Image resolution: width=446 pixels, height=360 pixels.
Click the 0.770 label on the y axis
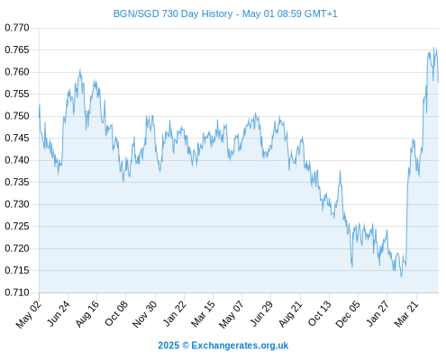coord(17,28)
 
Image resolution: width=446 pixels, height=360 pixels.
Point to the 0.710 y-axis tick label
coord(17,292)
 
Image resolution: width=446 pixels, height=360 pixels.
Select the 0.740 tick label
coord(17,160)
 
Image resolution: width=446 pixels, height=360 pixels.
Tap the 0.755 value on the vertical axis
coord(17,94)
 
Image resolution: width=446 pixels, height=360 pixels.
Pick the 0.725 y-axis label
coord(17,226)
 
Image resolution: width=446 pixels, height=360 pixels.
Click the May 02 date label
coord(29,314)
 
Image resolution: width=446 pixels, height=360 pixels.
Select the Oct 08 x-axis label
coord(116,313)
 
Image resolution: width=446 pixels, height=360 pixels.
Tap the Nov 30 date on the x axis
coord(144,313)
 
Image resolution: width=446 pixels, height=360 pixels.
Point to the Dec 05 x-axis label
coord(348,313)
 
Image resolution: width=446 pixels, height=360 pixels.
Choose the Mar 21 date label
coord(406,313)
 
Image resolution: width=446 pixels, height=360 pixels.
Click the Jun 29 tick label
coord(261,313)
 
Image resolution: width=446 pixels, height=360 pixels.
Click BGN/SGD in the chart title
coord(136,13)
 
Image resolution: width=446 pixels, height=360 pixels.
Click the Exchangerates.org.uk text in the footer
coord(240,346)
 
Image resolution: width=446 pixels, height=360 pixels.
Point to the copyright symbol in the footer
coord(186,346)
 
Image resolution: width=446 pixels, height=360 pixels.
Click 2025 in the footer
coord(168,346)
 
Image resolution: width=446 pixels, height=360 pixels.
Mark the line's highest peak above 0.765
coord(433,48)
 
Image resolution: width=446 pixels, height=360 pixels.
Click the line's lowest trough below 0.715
coord(401,276)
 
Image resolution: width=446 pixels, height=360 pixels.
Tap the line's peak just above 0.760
coord(80,69)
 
